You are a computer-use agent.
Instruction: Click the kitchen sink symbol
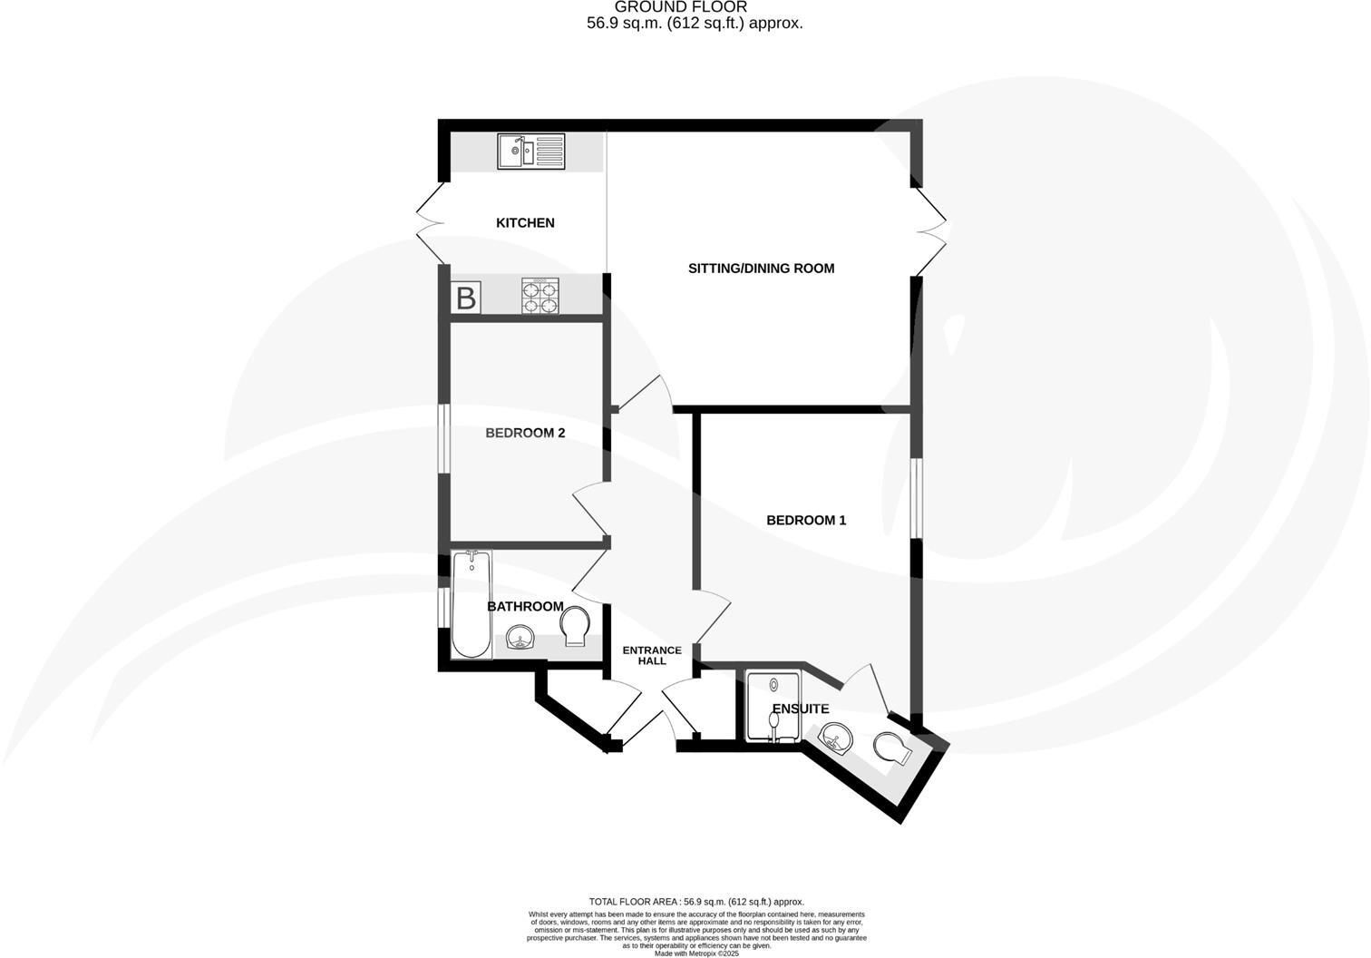(530, 151)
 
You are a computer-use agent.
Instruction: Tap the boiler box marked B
(465, 298)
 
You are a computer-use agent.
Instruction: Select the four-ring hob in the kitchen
(540, 296)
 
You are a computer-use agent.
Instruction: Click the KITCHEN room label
(525, 222)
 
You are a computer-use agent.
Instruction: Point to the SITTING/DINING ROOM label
(761, 268)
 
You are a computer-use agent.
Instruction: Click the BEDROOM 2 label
(525, 433)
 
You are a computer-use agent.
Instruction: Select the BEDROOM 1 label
(806, 520)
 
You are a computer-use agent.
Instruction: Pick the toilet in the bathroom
(575, 626)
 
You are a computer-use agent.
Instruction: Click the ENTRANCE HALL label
(652, 655)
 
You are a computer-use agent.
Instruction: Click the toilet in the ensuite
(890, 748)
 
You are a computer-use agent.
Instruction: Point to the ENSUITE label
(800, 709)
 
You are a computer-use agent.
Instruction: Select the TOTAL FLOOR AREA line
(696, 902)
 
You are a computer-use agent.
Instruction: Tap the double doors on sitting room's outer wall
(931, 230)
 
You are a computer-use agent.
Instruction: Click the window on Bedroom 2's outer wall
(444, 438)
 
